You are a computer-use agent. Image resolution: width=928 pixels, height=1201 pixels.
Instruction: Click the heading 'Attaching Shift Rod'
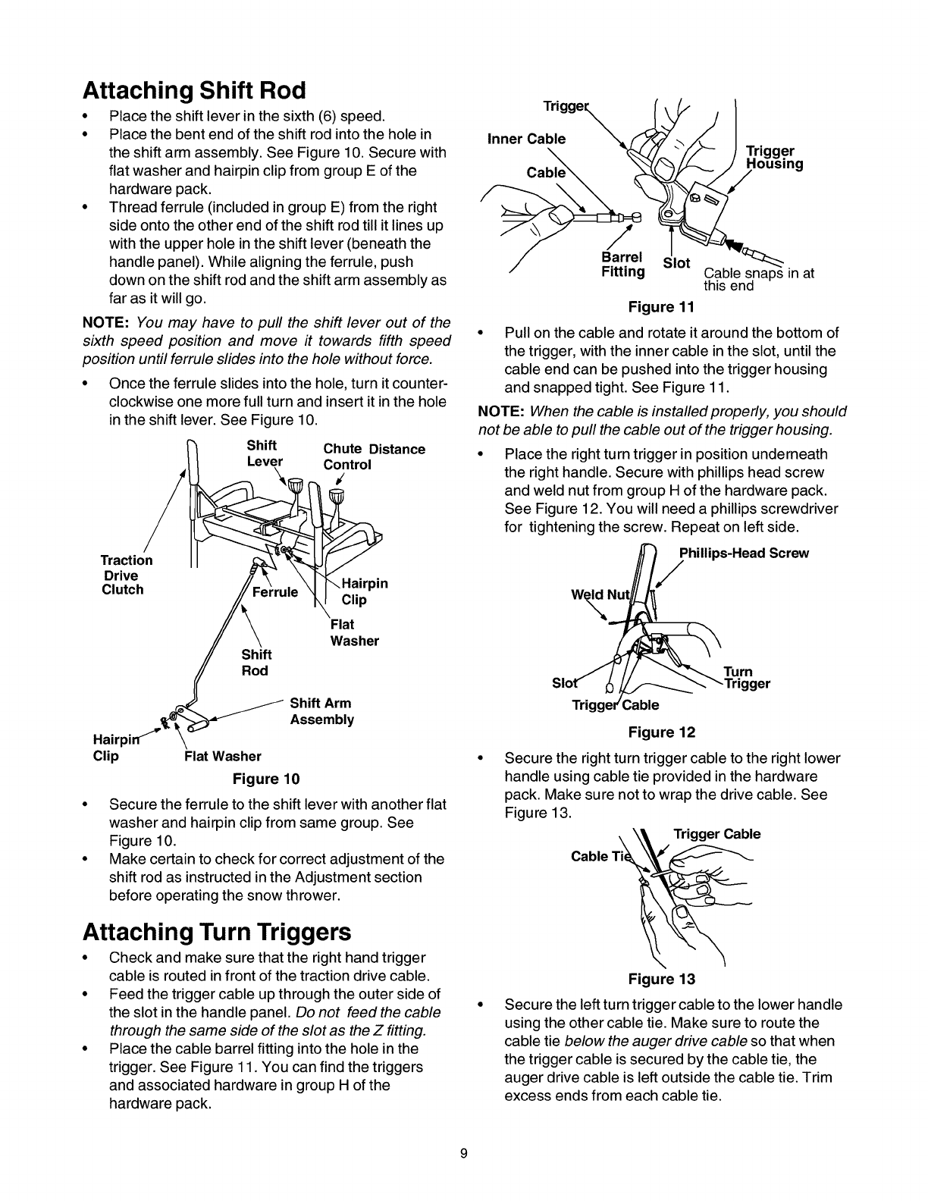point(193,91)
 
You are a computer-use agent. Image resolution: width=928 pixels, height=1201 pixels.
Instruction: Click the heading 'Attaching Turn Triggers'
point(218,930)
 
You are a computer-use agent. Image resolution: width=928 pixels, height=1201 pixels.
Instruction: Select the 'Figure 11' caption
point(662,306)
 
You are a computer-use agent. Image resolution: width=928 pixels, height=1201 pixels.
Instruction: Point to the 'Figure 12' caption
point(662,732)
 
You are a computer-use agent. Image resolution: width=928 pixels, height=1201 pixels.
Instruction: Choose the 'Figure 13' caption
point(662,978)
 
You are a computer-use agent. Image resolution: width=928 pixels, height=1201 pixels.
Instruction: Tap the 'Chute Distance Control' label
point(374,456)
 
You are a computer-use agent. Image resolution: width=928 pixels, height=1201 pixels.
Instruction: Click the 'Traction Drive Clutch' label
point(126,575)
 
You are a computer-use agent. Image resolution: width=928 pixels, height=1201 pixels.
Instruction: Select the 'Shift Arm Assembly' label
point(321,711)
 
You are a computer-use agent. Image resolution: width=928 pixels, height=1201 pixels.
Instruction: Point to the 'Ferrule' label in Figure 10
point(274,591)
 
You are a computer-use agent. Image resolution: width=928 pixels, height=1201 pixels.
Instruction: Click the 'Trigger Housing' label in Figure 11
point(774,158)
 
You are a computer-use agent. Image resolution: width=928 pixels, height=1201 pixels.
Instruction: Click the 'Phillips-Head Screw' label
point(744,553)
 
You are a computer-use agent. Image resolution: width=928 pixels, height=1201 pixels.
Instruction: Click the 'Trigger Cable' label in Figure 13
point(716,834)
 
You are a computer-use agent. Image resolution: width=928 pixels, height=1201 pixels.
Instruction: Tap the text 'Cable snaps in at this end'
point(758,279)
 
